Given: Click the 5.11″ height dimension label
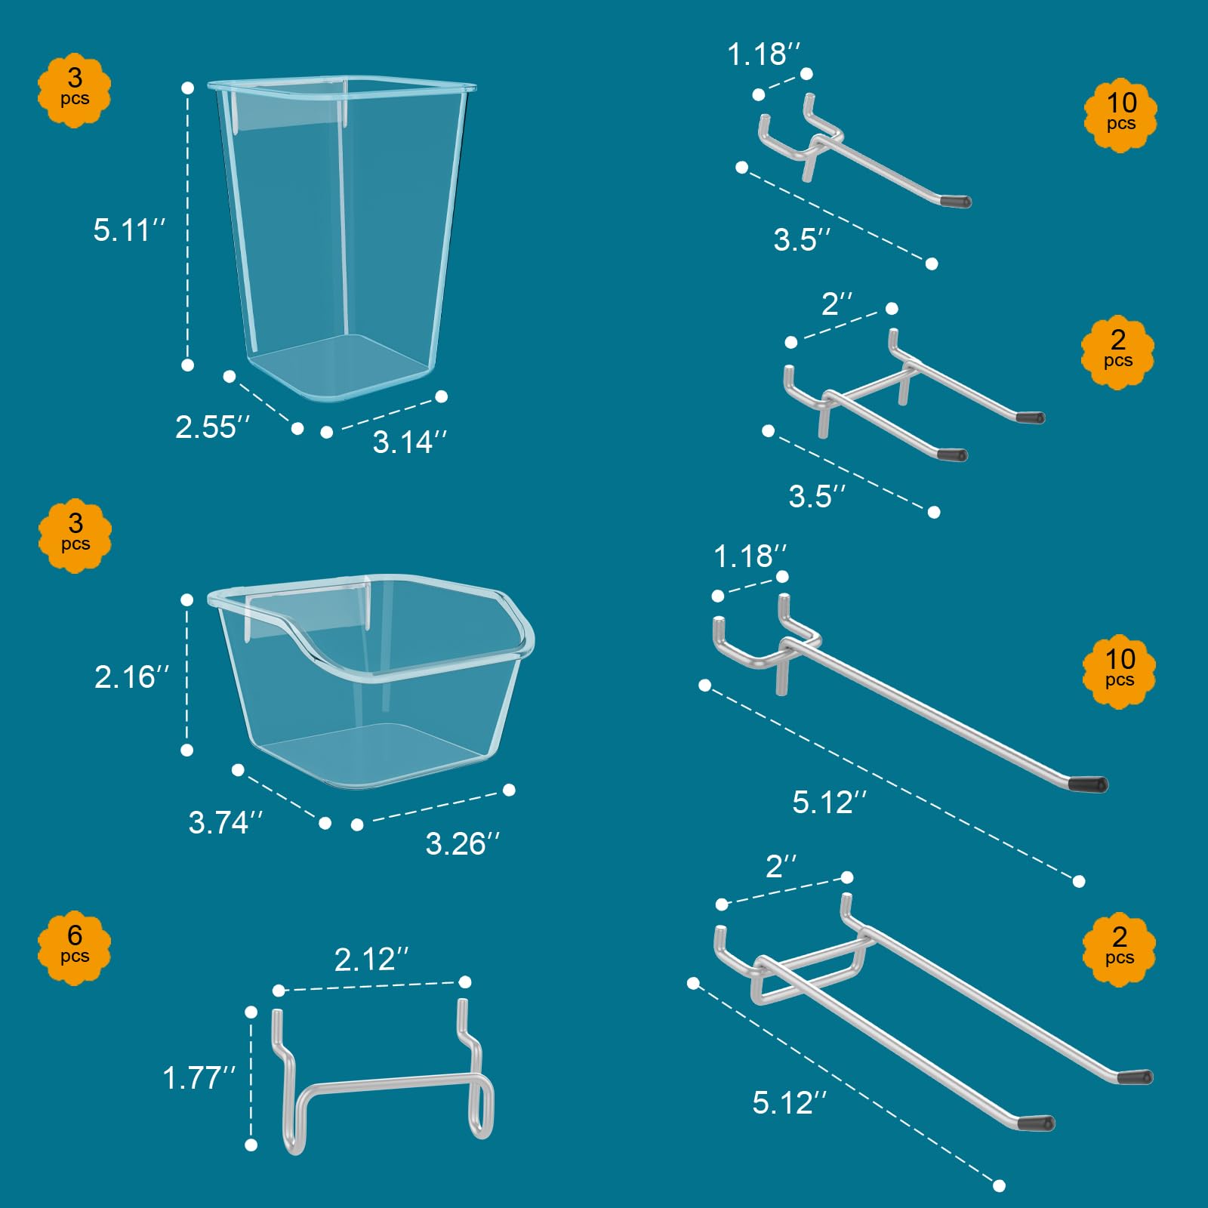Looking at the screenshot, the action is pos(129,230).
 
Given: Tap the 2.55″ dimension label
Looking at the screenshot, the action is pos(212,427).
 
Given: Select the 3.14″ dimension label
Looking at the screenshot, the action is pos(410,442).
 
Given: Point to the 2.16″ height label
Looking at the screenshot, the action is pos(131,676).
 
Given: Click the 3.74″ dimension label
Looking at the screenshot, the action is pos(226,822).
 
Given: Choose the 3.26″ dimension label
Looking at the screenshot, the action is pos(463,843).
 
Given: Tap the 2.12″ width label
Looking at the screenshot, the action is pos(371,960).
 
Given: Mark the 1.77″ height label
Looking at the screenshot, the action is pos(199,1077).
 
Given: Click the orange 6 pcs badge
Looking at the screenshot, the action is pos(75,947).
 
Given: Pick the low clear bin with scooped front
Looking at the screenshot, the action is pos(371,681).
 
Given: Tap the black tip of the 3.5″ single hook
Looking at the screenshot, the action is pos(956,202).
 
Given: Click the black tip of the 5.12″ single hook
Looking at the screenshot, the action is pos(1089,784).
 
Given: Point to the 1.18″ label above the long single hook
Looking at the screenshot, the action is pos(750,556).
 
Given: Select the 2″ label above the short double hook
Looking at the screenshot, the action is pos(837,304).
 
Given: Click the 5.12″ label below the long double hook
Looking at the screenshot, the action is pos(790,1102).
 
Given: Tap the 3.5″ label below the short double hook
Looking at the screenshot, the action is pos(817,496).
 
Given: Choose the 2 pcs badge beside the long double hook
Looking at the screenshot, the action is pos(1119,948).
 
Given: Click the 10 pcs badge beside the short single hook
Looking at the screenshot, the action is pos(1121,115).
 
